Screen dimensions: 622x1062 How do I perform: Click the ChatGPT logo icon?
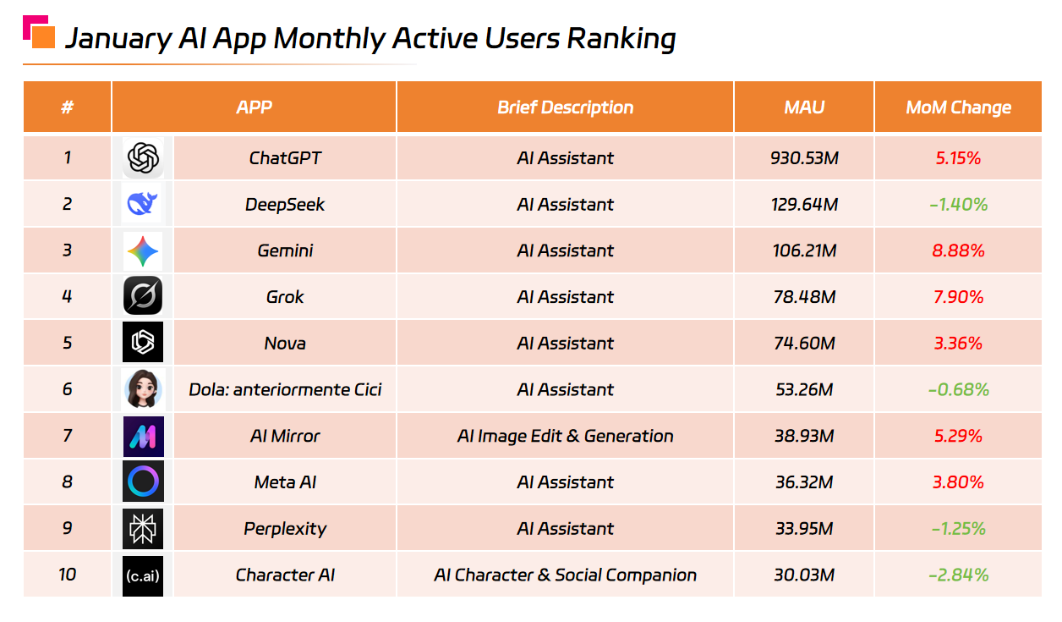[142, 158]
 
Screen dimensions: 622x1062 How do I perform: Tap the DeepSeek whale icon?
[142, 204]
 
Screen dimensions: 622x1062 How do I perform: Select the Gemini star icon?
[142, 250]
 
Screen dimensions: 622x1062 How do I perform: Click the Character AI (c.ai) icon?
[142, 575]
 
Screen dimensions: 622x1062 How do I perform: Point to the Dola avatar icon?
[142, 389]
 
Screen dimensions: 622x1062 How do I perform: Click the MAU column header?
[803, 107]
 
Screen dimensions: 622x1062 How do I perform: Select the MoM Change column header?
[958, 107]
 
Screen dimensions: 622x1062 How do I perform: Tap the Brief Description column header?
[565, 107]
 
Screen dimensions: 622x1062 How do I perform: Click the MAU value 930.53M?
[803, 158]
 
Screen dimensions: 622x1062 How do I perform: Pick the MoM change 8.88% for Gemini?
[958, 250]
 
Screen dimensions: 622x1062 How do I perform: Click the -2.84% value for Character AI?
[958, 575]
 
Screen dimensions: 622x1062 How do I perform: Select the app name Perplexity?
[285, 529]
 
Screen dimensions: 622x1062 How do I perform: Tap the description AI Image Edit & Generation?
[565, 436]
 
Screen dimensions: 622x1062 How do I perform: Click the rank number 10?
[67, 575]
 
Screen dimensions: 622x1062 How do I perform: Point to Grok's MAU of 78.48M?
[803, 297]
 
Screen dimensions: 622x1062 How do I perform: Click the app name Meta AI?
[285, 482]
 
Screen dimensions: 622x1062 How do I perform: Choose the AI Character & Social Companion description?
[565, 575]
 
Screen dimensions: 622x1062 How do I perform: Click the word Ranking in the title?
[621, 39]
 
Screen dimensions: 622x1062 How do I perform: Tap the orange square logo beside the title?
[42, 36]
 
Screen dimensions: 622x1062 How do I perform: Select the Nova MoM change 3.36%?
[958, 344]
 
